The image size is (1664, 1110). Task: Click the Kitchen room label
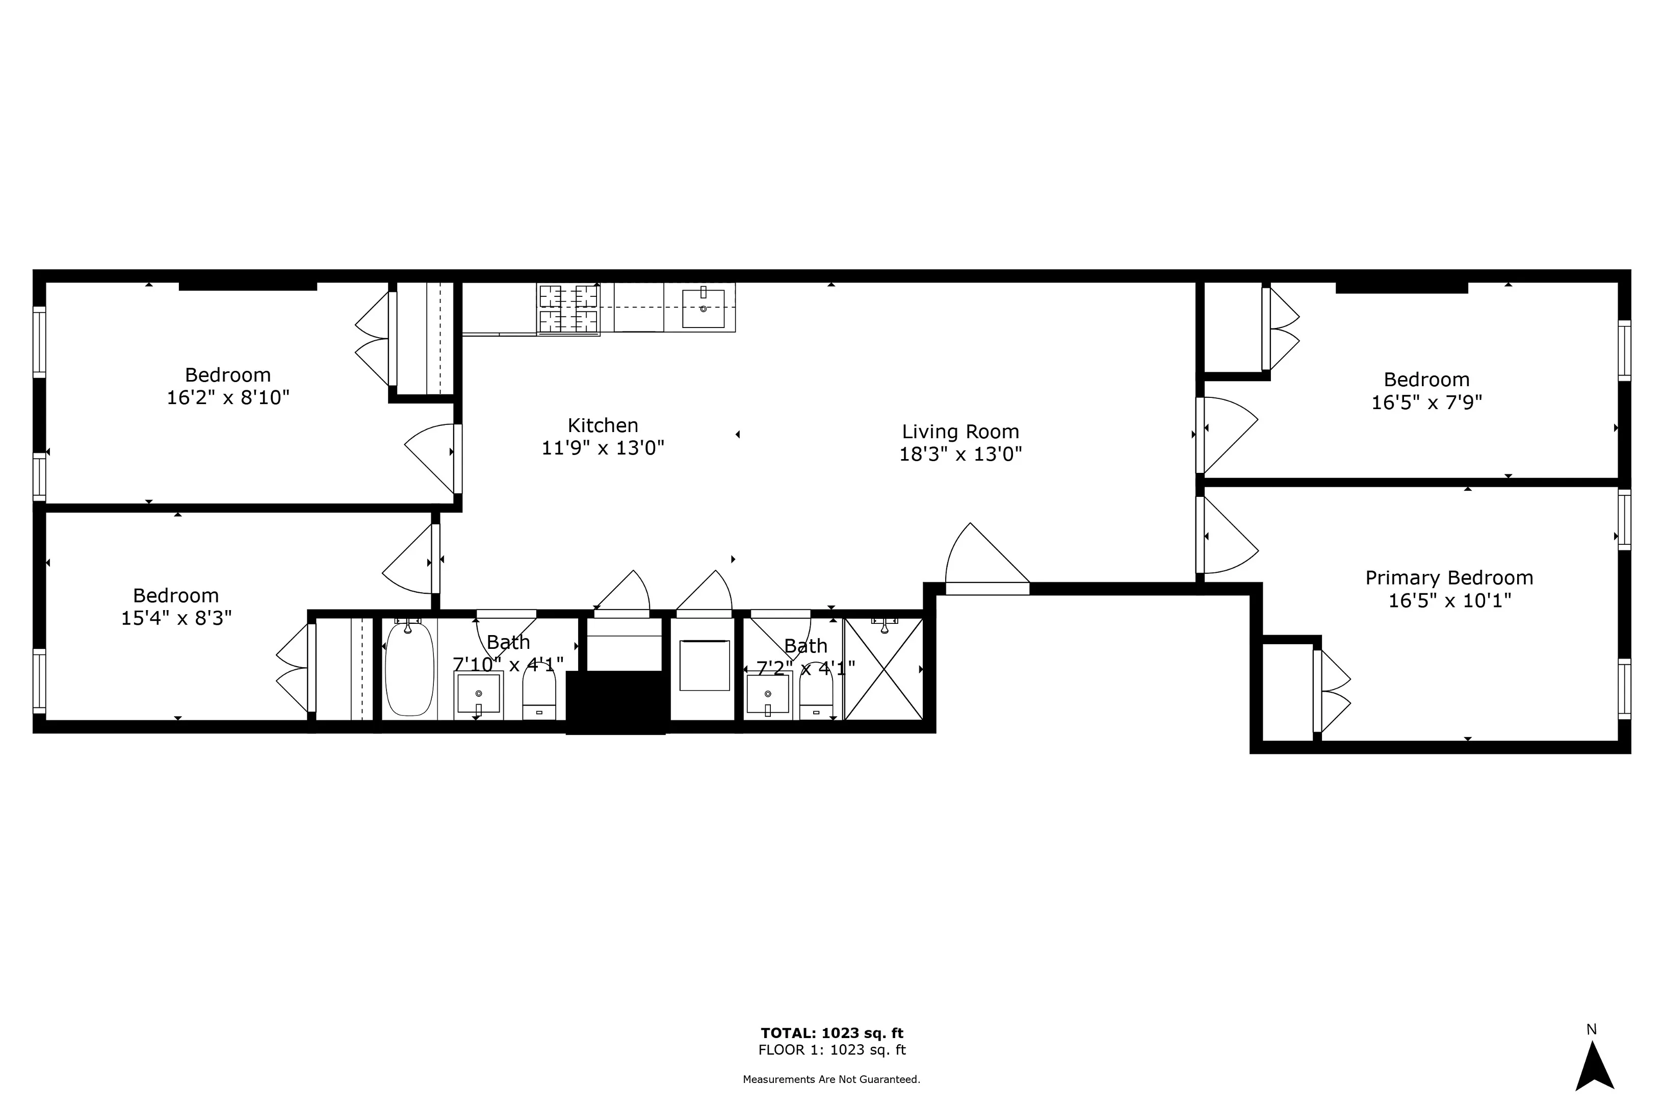(x=603, y=425)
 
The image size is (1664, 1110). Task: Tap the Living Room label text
(x=960, y=432)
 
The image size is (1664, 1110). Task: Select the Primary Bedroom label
(x=1449, y=577)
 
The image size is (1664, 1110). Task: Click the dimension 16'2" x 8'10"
(x=228, y=398)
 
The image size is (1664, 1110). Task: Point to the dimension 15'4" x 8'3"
(x=176, y=618)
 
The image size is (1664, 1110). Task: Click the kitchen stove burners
(x=568, y=309)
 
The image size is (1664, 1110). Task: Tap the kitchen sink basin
(x=703, y=309)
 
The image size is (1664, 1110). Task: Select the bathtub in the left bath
(x=409, y=669)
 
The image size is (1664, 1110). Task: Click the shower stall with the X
(x=883, y=669)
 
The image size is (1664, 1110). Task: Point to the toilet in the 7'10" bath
(x=539, y=694)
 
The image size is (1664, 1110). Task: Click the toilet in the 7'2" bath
(x=816, y=694)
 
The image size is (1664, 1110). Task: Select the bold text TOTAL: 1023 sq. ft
(x=832, y=1033)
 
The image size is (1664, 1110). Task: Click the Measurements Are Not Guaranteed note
(x=831, y=1079)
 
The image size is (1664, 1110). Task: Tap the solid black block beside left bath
(x=615, y=702)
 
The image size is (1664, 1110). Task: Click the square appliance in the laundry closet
(x=704, y=665)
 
